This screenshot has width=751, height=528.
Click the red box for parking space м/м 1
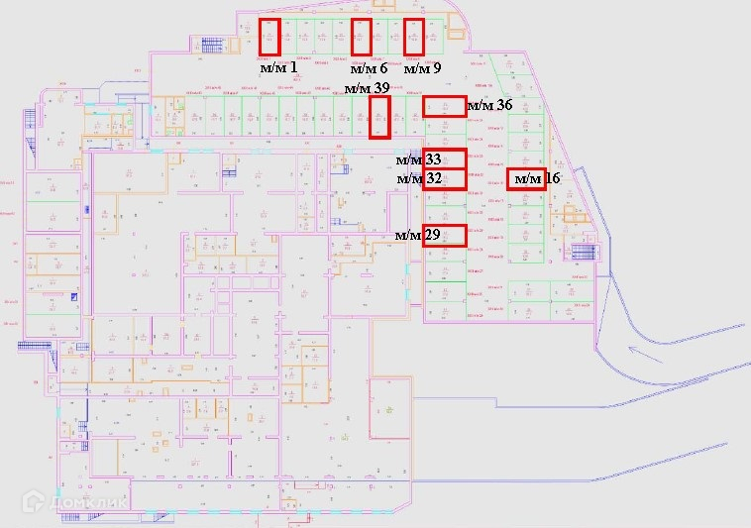[269, 38]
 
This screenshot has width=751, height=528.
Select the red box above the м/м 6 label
[362, 38]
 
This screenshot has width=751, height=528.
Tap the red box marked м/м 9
[414, 38]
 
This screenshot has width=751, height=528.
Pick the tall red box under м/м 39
[379, 117]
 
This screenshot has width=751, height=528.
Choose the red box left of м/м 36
[444, 107]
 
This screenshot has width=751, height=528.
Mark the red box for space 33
[444, 159]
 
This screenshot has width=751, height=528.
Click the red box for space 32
[444, 179]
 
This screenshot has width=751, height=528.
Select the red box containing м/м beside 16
[526, 179]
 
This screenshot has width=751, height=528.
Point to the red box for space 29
[444, 236]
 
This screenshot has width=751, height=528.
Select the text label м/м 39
[366, 88]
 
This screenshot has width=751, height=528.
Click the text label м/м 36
[489, 105]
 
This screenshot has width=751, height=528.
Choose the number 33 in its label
[433, 159]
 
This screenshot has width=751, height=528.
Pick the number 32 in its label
[433, 179]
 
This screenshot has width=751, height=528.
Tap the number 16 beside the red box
[553, 179]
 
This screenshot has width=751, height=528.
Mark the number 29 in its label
[432, 236]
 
